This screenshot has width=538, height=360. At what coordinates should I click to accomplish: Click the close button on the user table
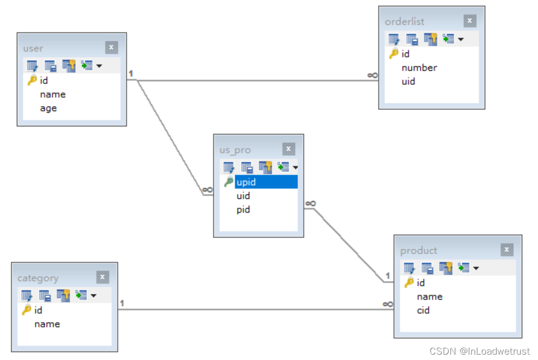tap(111, 47)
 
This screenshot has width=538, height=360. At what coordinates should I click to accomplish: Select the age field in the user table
tap(48, 108)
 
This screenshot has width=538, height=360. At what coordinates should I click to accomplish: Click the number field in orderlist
tap(419, 68)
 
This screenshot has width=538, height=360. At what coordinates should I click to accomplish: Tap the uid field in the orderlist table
tap(408, 82)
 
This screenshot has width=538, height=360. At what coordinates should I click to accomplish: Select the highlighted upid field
tap(266, 182)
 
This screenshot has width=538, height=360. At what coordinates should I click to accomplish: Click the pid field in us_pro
tap(243, 210)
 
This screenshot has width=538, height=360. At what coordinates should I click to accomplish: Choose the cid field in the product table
tap(423, 310)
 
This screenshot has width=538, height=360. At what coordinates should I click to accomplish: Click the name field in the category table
tap(47, 324)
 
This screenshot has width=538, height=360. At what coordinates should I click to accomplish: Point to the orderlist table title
tap(404, 21)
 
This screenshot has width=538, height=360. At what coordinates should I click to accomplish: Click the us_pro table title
tap(235, 150)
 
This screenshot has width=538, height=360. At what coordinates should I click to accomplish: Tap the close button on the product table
tap(507, 250)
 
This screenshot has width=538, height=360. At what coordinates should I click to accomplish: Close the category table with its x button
tap(103, 277)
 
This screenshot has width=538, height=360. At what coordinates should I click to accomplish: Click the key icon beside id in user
tap(32, 81)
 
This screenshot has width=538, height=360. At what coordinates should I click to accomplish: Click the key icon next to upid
tap(229, 182)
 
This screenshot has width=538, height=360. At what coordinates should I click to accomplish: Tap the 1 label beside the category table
tap(122, 304)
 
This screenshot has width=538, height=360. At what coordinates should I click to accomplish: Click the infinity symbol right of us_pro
tap(310, 203)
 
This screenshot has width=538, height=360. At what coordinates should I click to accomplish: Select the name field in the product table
tap(430, 297)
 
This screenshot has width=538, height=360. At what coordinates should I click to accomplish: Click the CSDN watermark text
tap(479, 351)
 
